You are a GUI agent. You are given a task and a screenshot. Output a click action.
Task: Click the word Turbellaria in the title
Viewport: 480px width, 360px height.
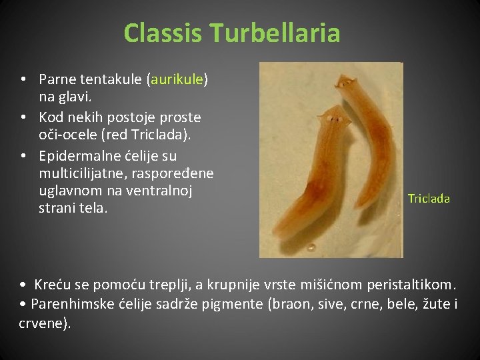tap(275, 33)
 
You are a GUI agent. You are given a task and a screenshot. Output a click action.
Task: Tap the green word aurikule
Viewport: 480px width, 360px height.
tap(177, 79)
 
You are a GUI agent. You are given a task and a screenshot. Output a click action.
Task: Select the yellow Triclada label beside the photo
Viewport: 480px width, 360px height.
tap(429, 198)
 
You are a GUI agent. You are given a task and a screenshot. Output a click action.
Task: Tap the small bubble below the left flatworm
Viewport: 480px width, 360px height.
tap(311, 247)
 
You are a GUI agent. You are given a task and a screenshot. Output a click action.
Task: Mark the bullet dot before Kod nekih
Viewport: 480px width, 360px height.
tap(23, 117)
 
